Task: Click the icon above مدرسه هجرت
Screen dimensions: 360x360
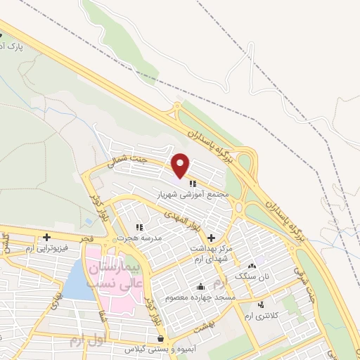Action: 139,227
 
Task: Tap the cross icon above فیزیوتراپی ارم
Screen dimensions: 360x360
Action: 46,237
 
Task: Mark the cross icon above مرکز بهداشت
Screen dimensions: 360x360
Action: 212,238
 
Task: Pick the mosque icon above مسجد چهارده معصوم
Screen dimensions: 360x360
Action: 201,286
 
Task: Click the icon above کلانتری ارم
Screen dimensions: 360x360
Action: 262,304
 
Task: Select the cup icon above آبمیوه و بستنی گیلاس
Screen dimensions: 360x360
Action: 162,339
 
